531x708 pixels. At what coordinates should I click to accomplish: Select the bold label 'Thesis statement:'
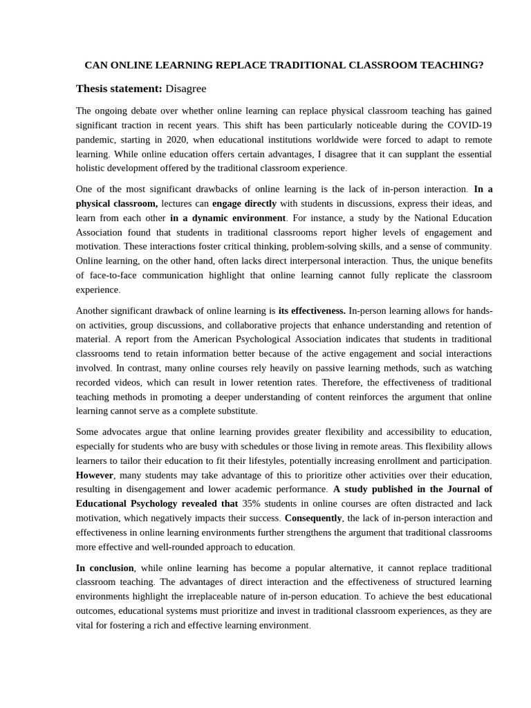coord(119,88)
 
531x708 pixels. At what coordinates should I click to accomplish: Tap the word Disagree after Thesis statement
coord(186,88)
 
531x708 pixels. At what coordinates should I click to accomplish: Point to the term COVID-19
coord(468,125)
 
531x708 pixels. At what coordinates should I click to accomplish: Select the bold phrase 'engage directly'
coord(244,203)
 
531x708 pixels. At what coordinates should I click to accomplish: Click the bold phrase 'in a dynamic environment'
coord(227,218)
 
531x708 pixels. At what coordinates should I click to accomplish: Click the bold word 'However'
coord(95,475)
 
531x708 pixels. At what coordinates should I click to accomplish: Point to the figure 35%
coord(251,503)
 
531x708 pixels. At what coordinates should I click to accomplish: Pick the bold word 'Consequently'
coord(313,518)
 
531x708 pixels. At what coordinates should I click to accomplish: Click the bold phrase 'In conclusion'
coord(104,568)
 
